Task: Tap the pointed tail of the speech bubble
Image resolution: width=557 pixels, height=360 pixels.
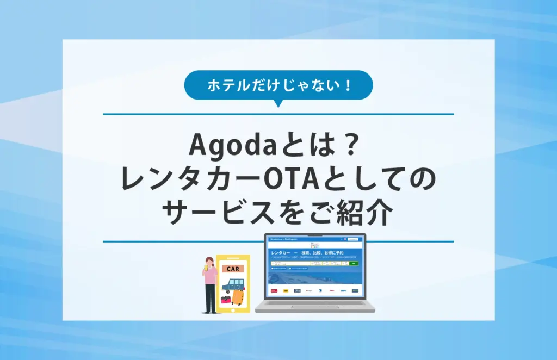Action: pos(278,103)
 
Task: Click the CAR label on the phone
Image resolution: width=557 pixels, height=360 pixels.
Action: pos(233,269)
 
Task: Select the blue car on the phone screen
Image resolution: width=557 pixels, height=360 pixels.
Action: pos(233,284)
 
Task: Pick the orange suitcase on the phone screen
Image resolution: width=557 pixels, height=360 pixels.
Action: pos(238,298)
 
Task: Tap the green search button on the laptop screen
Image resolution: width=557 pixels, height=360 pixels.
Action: pos(354,263)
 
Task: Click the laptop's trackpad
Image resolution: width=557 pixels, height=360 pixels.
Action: pos(315,308)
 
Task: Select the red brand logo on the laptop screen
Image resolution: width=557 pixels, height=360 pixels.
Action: pos(274,291)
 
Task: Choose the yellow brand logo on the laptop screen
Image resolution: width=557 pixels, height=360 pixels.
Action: pos(286,291)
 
